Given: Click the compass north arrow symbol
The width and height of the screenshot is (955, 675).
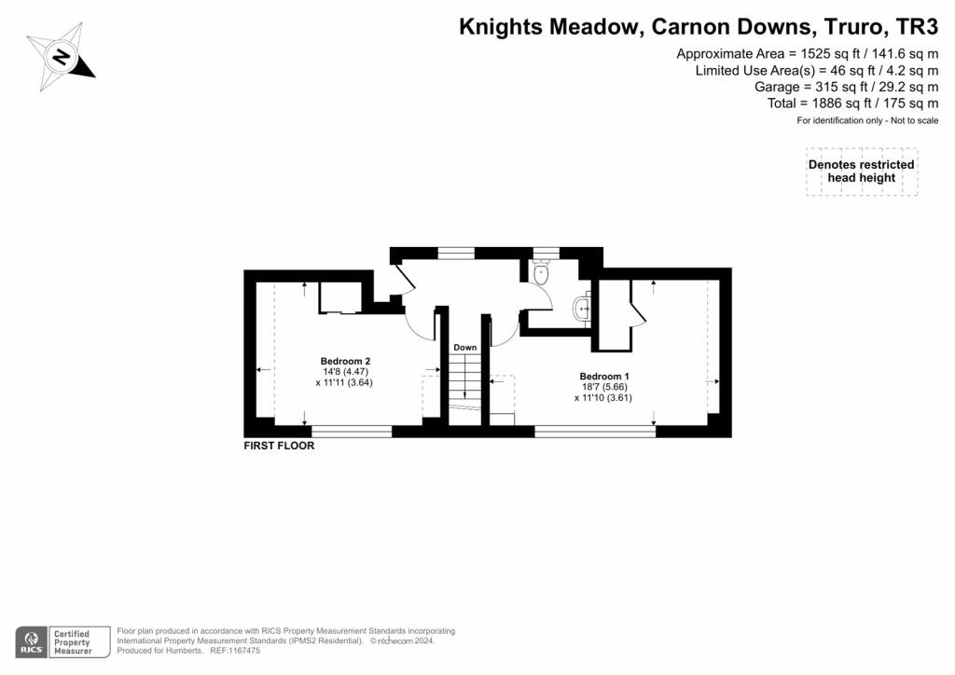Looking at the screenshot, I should (x=61, y=58).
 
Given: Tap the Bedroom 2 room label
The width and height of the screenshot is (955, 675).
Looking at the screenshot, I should (x=346, y=361).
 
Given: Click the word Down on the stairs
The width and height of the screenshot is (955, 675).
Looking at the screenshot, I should (x=464, y=348).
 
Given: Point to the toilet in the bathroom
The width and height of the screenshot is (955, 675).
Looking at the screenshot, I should (x=541, y=274).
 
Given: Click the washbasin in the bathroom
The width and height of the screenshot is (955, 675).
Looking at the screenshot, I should (x=583, y=307).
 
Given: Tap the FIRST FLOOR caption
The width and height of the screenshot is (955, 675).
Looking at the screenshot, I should (x=279, y=446).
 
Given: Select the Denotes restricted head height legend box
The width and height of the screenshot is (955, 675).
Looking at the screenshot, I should (x=862, y=172).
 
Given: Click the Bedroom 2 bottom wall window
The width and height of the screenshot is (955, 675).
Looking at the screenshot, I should (x=352, y=432).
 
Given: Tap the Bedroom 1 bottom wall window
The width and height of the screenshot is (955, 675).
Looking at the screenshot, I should (x=595, y=432).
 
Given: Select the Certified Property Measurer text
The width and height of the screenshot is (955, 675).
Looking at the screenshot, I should (x=71, y=643).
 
